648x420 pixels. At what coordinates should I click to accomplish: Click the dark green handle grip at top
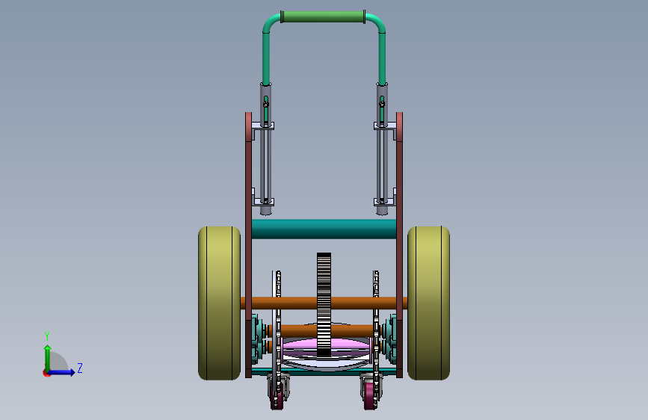(x=323, y=17)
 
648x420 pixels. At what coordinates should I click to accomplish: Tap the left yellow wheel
(x=219, y=303)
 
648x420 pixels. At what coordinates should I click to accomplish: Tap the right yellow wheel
(x=428, y=303)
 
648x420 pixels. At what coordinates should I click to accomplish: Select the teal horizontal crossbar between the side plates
(x=324, y=229)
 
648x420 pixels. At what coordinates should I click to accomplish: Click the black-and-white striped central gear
(x=324, y=305)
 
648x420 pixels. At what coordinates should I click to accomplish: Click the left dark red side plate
(x=248, y=244)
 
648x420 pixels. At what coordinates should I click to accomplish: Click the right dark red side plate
(x=400, y=244)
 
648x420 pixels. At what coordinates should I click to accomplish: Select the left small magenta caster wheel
(x=277, y=395)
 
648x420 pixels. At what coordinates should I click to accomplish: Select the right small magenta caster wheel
(x=369, y=395)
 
